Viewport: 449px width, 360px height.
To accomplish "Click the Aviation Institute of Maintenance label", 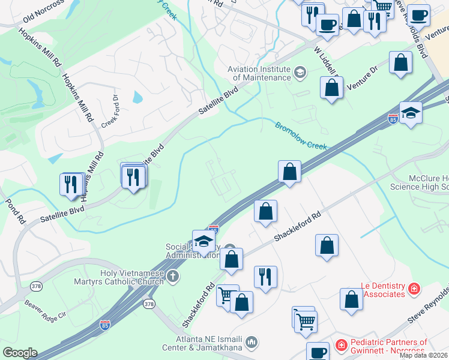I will [259, 73].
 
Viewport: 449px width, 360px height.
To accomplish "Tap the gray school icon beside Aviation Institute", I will [300, 73].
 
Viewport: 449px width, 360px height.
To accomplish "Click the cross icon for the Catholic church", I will [173, 277].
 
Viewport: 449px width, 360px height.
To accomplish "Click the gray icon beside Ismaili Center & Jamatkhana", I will [252, 343].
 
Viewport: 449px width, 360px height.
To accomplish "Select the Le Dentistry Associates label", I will [383, 290].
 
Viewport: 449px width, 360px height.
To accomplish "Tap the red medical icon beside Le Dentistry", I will [414, 290].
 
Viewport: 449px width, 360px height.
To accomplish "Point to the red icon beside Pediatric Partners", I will [341, 346].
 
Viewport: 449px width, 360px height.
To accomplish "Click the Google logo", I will [20, 352].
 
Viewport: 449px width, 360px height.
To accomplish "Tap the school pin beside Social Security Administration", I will [203, 242].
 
